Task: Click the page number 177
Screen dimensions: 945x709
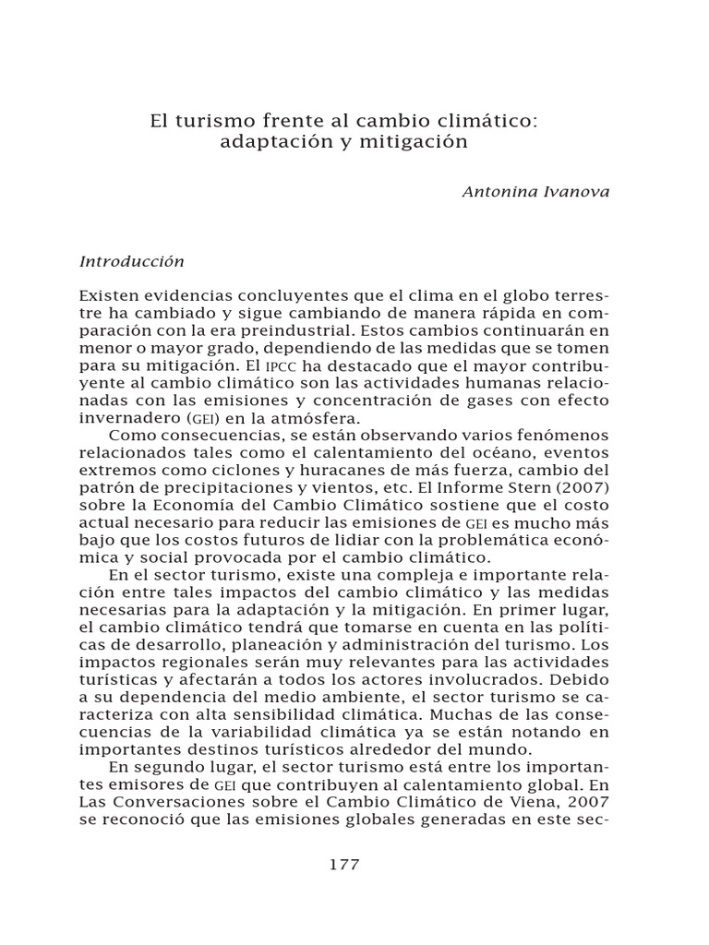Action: tap(343, 865)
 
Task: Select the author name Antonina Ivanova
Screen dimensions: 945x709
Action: tap(535, 192)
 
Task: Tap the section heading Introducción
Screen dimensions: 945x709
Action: tap(132, 261)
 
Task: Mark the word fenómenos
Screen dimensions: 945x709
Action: tap(559, 435)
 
